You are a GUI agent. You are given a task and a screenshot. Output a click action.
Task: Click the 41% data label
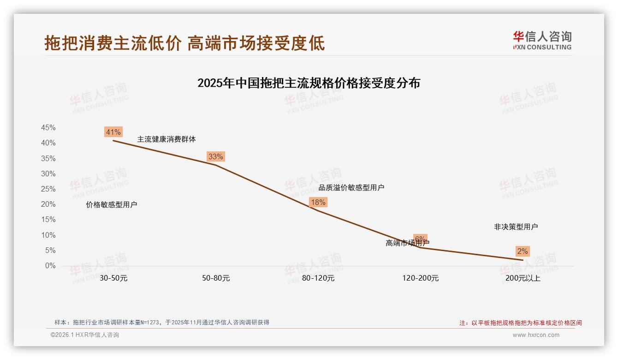click(x=113, y=132)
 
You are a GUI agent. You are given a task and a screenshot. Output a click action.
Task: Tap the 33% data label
click(x=215, y=156)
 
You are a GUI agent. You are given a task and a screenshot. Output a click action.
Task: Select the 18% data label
click(x=318, y=202)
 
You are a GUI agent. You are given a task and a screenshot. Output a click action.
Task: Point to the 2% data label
click(x=523, y=251)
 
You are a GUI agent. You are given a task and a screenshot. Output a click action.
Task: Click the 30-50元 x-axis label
click(x=113, y=278)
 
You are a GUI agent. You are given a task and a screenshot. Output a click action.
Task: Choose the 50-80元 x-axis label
click(x=216, y=278)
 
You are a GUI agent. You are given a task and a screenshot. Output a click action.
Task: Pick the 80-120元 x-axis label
click(x=318, y=278)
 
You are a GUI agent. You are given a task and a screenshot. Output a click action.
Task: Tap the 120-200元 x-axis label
click(x=421, y=278)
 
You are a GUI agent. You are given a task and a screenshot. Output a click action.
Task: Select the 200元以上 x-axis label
click(x=523, y=278)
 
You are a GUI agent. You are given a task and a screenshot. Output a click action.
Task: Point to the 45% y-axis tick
click(x=48, y=128)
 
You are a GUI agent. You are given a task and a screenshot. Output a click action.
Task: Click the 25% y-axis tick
click(x=48, y=189)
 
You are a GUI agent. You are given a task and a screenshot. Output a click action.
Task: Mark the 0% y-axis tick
click(x=50, y=266)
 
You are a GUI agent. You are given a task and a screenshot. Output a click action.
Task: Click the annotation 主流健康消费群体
click(x=166, y=139)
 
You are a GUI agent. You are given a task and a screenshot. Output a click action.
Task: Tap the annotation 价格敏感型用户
click(x=112, y=205)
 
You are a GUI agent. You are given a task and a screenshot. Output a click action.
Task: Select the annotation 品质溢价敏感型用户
click(x=351, y=188)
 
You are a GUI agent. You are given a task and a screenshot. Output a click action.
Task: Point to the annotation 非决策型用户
click(x=516, y=227)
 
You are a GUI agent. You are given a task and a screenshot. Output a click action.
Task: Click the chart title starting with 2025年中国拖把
click(x=309, y=83)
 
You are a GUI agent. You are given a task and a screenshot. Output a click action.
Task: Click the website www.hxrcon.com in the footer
click(x=536, y=335)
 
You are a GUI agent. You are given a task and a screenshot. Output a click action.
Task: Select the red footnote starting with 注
click(x=521, y=323)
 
